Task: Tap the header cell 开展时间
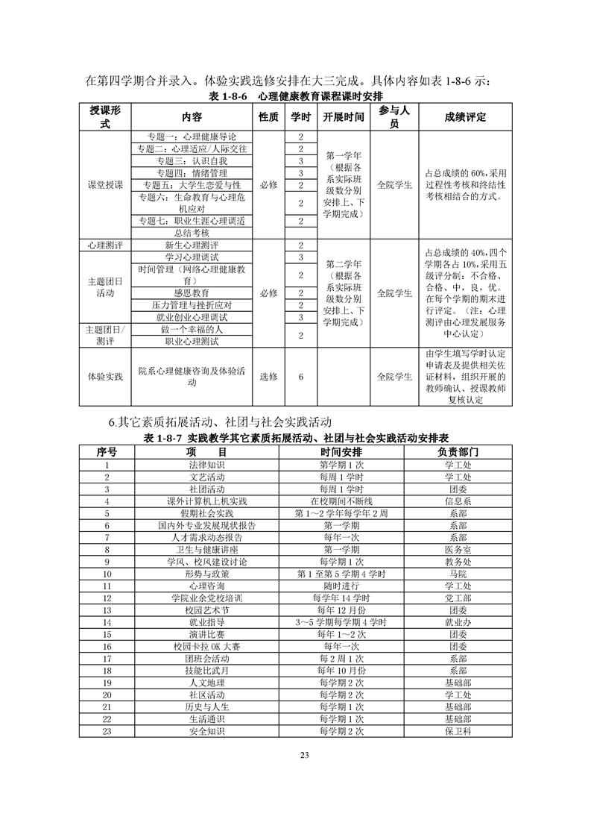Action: (x=344, y=117)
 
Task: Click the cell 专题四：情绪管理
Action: (x=192, y=173)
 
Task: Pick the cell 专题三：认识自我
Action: (x=192, y=161)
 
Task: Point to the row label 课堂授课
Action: (x=105, y=185)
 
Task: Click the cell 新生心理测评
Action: (x=192, y=245)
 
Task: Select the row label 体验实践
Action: (x=105, y=377)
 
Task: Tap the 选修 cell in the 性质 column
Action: (x=268, y=377)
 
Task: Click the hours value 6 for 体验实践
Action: (x=300, y=377)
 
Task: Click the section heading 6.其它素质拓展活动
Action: (x=219, y=423)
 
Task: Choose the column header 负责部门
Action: (x=458, y=453)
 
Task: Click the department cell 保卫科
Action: (x=458, y=731)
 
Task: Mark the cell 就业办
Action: (x=458, y=621)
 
